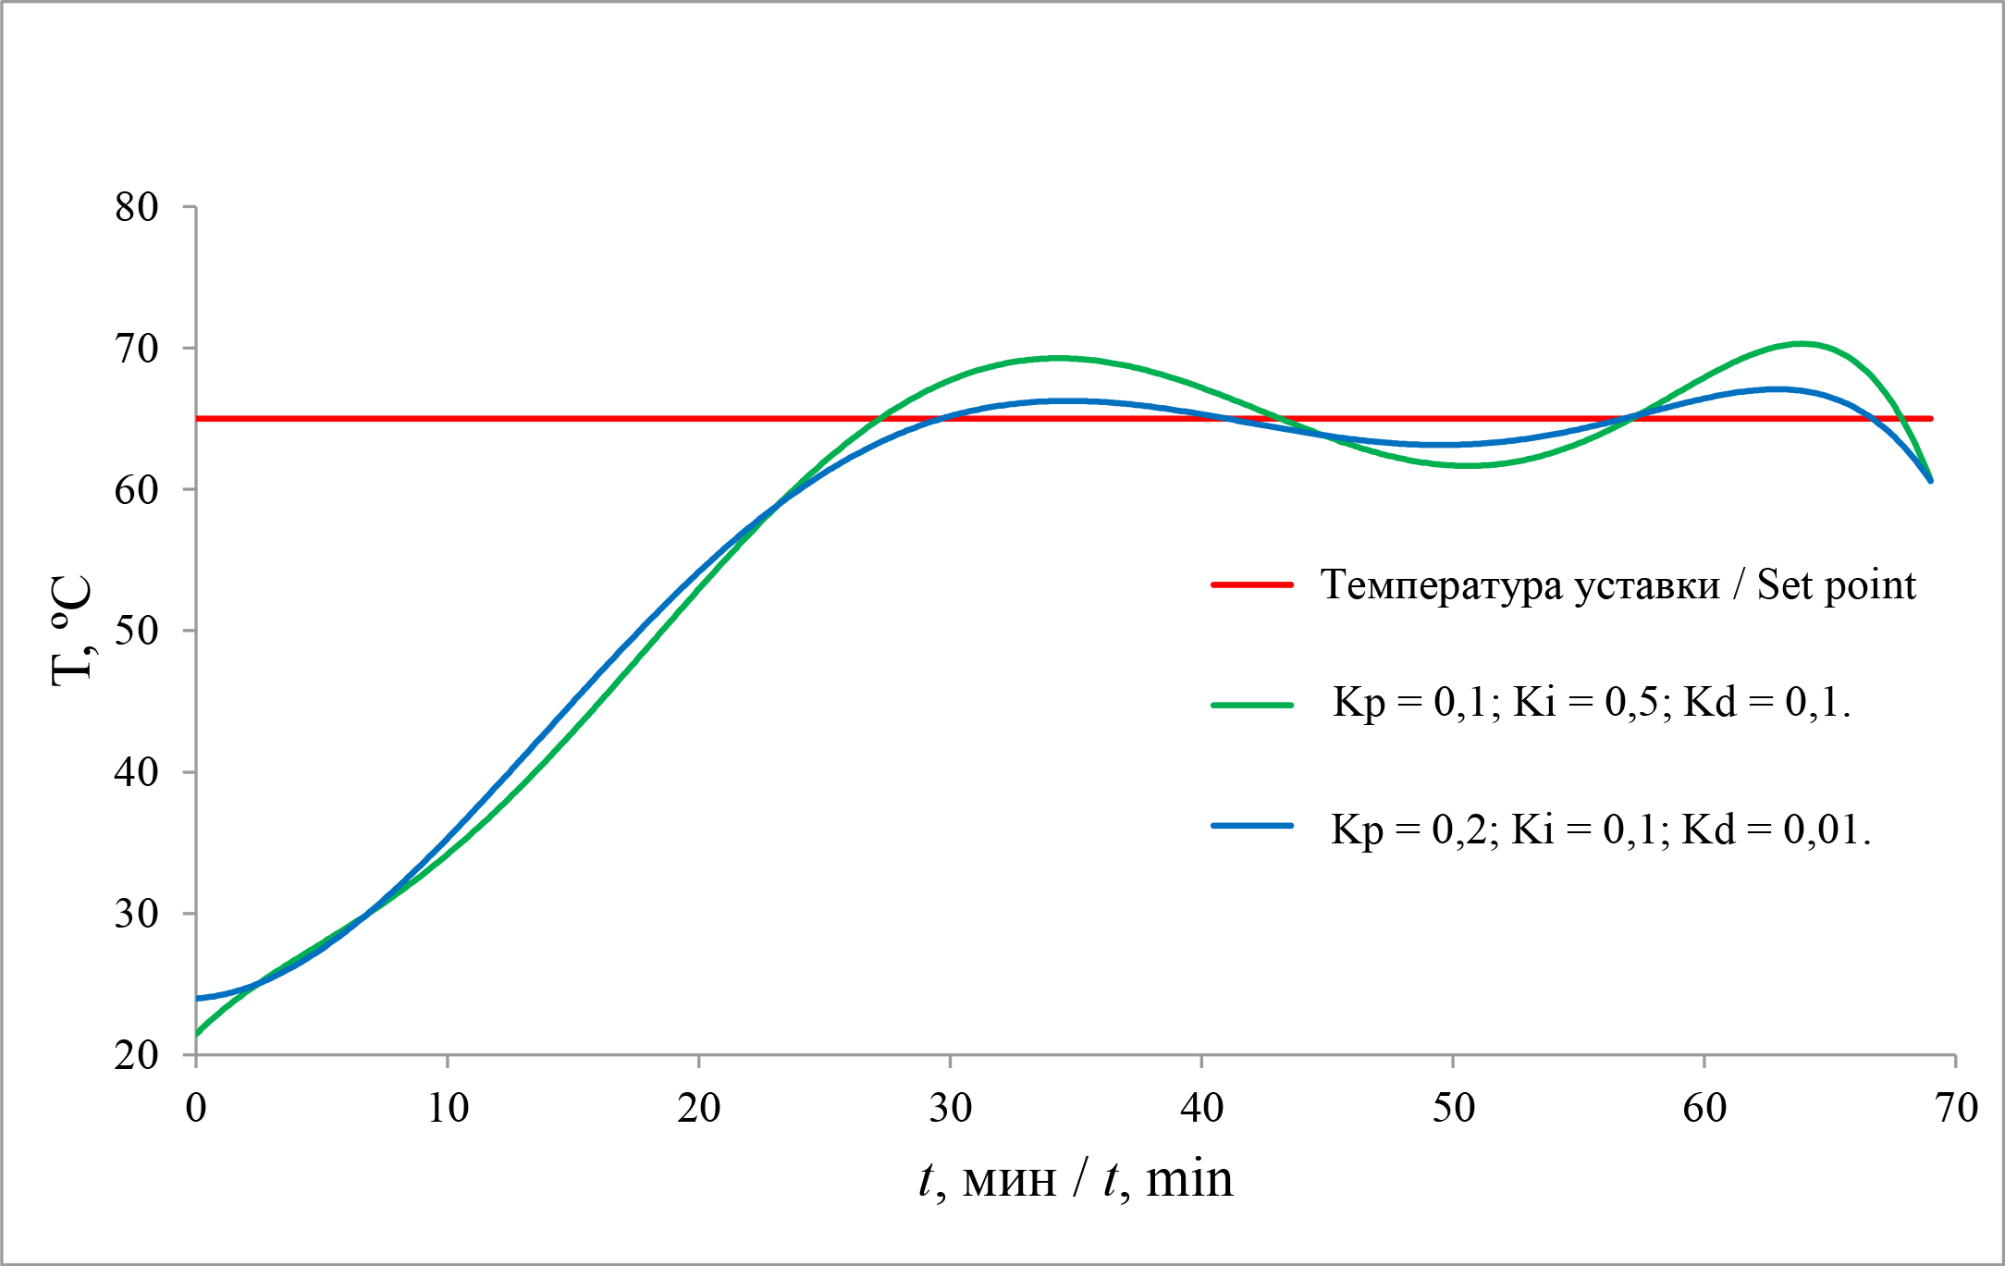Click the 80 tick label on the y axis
point(136,207)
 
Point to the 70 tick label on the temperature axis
point(136,349)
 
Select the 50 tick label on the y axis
point(136,631)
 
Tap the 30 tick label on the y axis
point(136,914)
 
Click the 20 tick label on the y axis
point(136,1055)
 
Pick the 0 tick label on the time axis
point(196,1108)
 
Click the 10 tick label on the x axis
point(448,1108)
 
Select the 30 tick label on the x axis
point(951,1108)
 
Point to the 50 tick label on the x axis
point(1453,1108)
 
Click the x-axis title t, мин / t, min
point(1076,1180)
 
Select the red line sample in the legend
point(1251,584)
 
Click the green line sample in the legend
point(1251,705)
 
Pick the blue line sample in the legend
point(1251,826)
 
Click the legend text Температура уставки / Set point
point(1618,584)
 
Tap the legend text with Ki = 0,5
point(1591,703)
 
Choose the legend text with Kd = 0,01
point(1600,830)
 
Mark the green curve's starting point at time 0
point(197,1034)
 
